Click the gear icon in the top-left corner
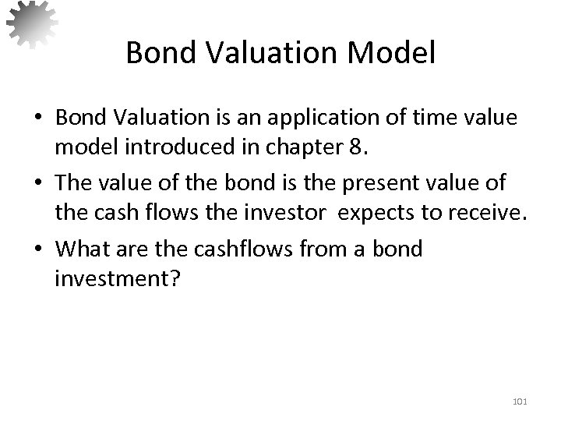(32, 23)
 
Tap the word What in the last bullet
(79, 249)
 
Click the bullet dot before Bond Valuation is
(38, 119)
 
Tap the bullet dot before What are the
(38, 250)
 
